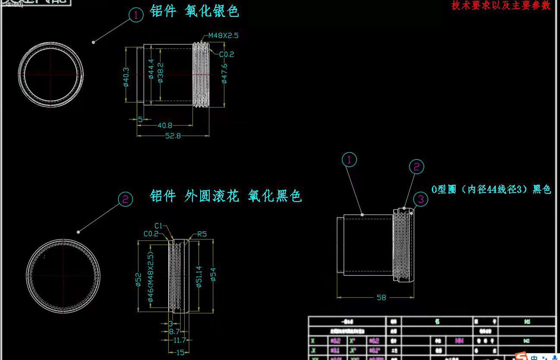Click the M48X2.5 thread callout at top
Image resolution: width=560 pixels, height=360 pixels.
223,35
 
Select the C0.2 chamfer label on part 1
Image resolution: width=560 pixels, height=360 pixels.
227,54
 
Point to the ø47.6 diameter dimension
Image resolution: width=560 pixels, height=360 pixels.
224,73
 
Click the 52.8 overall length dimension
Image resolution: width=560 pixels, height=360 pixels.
173,136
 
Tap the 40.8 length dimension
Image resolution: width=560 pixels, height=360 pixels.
165,125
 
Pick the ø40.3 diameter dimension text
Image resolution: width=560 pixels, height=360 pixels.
126,77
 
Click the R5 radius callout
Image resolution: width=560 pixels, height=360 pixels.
202,234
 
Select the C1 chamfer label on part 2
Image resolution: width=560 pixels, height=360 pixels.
159,226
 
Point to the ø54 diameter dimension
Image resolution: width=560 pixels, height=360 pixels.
213,274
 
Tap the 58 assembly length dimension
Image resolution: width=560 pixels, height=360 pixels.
381,297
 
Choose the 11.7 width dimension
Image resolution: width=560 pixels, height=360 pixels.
180,341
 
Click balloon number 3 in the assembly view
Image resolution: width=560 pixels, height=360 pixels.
421,199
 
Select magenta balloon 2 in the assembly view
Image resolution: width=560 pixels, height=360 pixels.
416,167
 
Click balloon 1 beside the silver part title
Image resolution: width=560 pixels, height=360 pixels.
136,16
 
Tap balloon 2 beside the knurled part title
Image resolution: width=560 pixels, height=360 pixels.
125,199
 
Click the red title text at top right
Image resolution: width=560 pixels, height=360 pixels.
501,6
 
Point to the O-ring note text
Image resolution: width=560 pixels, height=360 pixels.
491,189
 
